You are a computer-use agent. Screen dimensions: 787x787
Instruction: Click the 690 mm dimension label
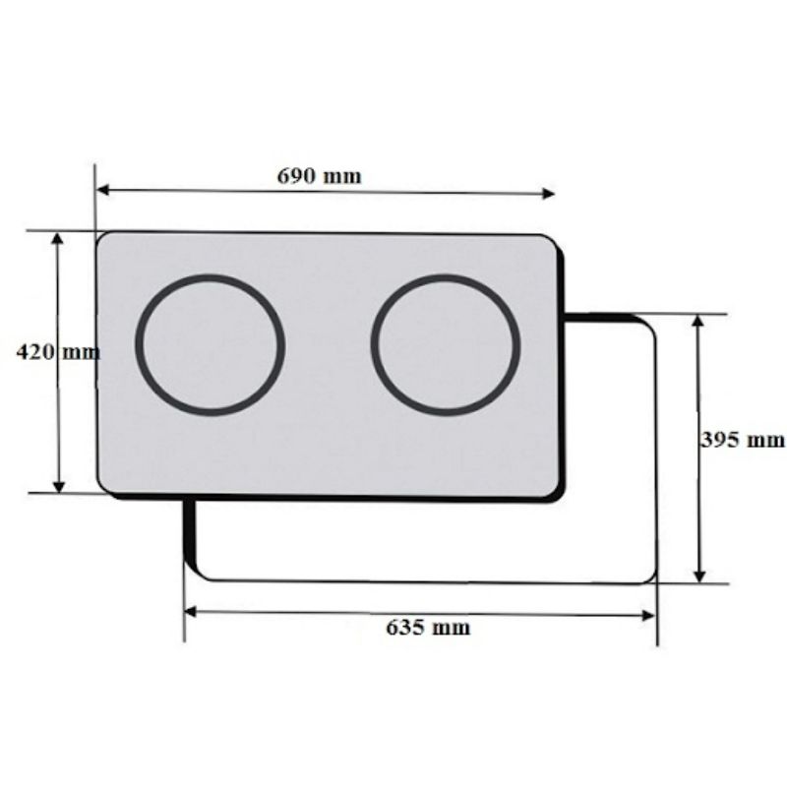(x=319, y=177)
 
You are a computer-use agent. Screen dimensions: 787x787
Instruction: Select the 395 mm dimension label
(x=743, y=440)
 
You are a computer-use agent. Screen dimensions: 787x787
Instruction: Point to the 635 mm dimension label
(x=428, y=628)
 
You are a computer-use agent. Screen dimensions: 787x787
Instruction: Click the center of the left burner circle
(x=210, y=343)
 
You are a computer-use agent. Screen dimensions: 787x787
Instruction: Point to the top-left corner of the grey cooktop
(x=100, y=236)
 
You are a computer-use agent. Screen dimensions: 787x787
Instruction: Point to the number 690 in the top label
(x=296, y=177)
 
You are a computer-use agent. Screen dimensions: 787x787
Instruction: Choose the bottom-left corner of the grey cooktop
(x=101, y=490)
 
